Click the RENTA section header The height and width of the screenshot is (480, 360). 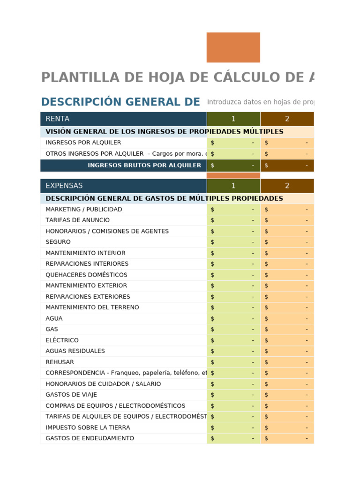pos(58,119)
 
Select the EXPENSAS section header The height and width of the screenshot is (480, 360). pos(64,186)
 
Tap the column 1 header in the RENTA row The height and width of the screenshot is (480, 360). pos(233,119)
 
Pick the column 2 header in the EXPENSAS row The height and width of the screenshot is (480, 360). pos(287,186)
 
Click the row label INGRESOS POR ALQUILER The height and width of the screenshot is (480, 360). pos(83,142)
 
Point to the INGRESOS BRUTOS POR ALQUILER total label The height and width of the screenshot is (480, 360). pos(144,165)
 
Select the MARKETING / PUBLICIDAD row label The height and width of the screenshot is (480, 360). pos(84,210)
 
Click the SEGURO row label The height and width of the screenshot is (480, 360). pos(58,242)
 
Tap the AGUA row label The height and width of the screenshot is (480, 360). pos(54,319)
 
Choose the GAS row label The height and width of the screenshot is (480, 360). pos(52,330)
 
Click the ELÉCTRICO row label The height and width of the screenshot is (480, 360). pos(62,340)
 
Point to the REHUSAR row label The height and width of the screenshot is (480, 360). pos(60,362)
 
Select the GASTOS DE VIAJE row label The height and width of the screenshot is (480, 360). pos(71,395)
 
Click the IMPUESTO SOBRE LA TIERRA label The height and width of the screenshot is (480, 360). pos(88,427)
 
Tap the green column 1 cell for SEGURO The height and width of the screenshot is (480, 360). pos(233,242)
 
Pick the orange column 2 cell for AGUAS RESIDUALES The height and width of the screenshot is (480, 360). pos(287,351)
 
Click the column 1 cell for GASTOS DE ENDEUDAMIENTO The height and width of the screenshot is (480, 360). pos(233,438)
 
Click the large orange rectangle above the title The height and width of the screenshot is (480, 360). pos(233,47)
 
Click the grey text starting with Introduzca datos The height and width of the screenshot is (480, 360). pos(260,102)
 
